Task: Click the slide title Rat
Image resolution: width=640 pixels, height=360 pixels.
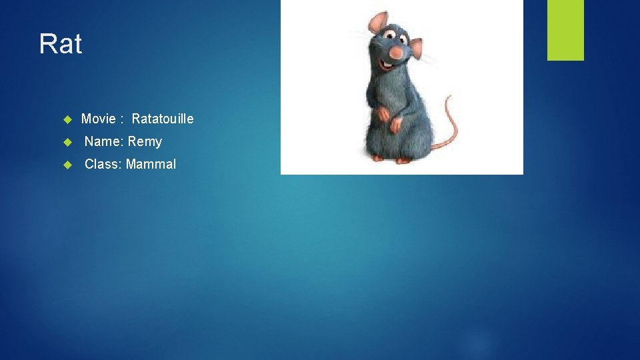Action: click(x=61, y=45)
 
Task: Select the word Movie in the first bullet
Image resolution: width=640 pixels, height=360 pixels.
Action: click(x=99, y=119)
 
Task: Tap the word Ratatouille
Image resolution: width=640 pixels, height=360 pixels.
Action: click(x=163, y=119)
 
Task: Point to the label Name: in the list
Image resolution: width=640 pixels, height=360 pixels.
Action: click(x=104, y=141)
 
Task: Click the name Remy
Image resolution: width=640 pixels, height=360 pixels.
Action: click(x=145, y=141)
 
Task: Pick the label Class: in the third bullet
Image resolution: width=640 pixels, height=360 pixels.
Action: click(x=103, y=164)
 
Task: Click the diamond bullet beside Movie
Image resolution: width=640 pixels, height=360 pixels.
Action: click(x=67, y=119)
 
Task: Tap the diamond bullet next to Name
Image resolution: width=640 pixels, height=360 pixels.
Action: click(x=67, y=142)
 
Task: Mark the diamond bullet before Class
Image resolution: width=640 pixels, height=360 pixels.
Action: click(x=67, y=165)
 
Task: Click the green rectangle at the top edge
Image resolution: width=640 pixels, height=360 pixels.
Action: click(x=565, y=29)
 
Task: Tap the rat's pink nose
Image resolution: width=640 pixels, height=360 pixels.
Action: click(x=396, y=53)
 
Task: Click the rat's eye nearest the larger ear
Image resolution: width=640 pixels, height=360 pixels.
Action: click(x=389, y=33)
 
